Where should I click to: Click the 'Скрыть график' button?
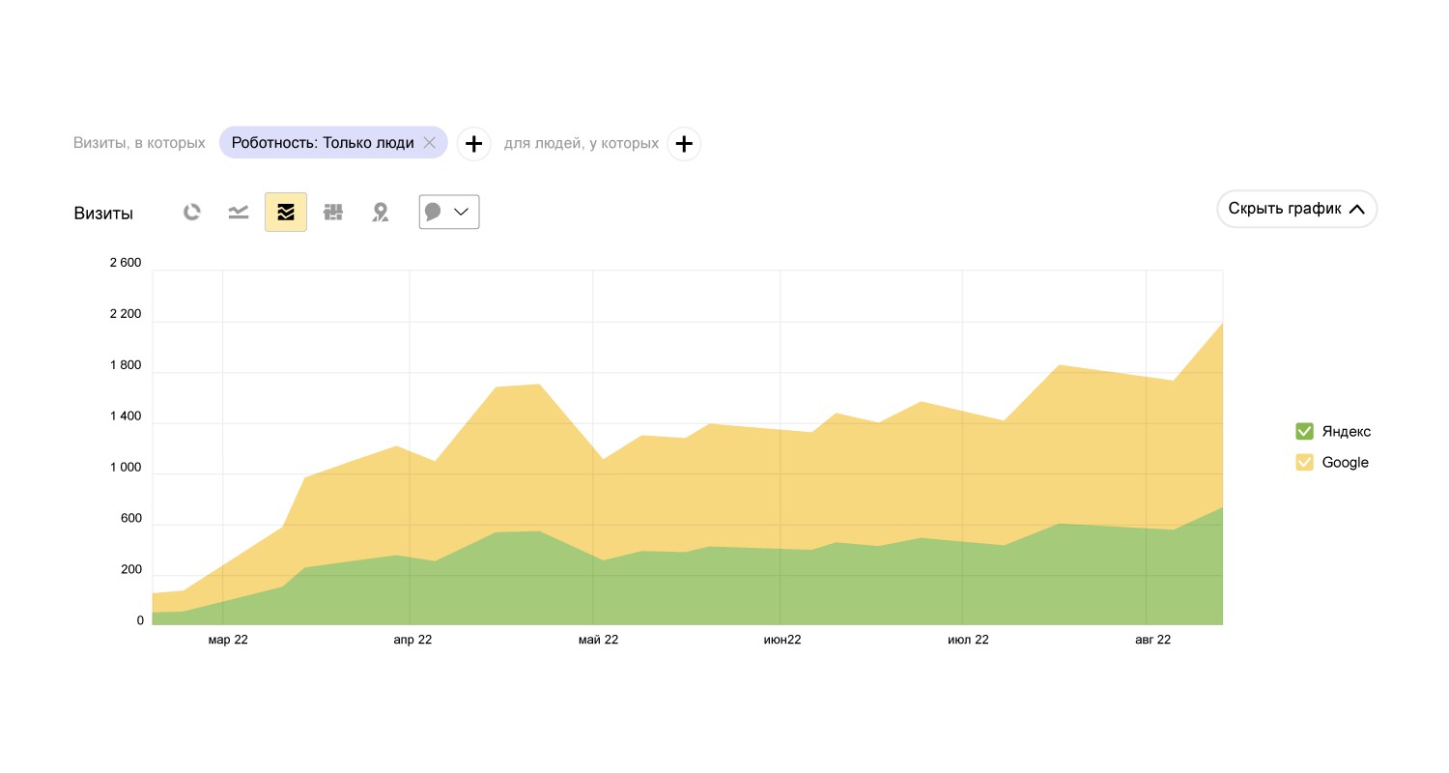coord(1296,209)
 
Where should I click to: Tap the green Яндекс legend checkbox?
coord(1304,431)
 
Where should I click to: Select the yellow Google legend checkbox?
coord(1304,462)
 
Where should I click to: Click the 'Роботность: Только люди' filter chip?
coord(322,143)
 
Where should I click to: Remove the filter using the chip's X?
coord(430,143)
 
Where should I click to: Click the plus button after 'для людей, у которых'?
coord(684,144)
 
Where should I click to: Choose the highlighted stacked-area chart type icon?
coord(286,213)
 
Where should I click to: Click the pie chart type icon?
coord(192,213)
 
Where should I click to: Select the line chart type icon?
coord(239,213)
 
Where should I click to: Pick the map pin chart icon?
coord(381,213)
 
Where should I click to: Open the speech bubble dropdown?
coord(449,213)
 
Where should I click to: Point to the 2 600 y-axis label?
coord(126,263)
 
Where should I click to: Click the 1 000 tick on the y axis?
coord(126,468)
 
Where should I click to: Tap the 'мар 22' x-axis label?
coord(228,640)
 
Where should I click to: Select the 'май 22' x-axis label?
coord(598,640)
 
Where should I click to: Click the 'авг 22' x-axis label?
coord(1151,640)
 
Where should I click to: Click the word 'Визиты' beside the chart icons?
coord(103,214)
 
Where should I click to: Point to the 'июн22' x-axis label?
coord(782,640)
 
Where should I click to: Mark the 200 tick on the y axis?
coord(130,570)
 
